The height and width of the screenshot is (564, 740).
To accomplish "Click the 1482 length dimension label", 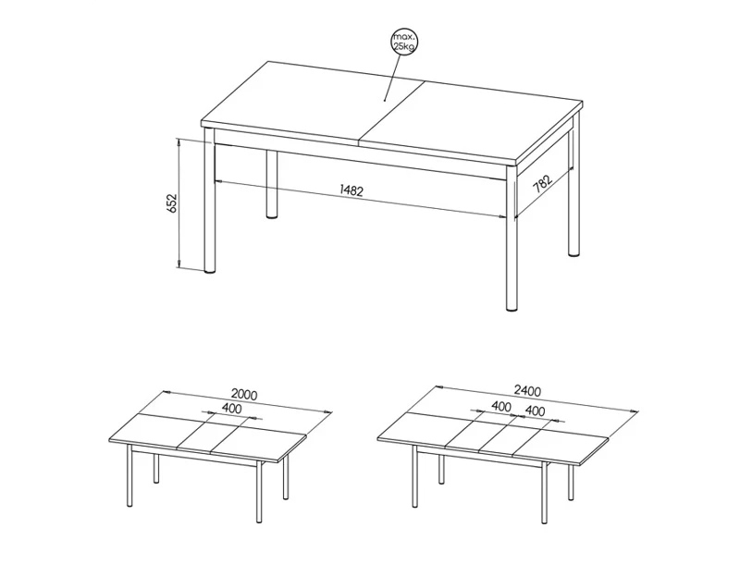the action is [x=351, y=190].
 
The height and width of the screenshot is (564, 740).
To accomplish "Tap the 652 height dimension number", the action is [x=172, y=202].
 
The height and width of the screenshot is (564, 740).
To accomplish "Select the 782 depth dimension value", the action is [x=542, y=184].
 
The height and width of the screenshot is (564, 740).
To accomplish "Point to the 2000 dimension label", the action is [x=244, y=394].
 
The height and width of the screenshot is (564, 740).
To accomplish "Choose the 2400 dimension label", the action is [x=527, y=390].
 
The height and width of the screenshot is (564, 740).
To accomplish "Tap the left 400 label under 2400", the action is [x=501, y=406].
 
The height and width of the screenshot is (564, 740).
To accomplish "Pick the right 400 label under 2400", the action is [x=535, y=411].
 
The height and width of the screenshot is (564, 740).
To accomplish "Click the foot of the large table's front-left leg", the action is [x=210, y=271].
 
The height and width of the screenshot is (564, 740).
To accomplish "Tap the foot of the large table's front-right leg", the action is [x=512, y=309].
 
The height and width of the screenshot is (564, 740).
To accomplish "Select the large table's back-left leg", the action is [x=271, y=184].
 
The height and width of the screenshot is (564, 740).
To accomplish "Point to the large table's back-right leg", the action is [x=573, y=193].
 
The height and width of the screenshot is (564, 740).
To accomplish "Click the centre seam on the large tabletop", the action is [x=392, y=111].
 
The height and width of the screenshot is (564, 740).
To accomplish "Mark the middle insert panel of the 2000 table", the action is [x=209, y=434].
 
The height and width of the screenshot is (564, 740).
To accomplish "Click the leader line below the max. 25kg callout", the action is [x=391, y=77].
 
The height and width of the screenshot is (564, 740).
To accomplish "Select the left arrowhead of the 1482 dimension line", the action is [x=218, y=180].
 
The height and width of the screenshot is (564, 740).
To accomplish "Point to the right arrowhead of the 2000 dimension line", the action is [x=328, y=411].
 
